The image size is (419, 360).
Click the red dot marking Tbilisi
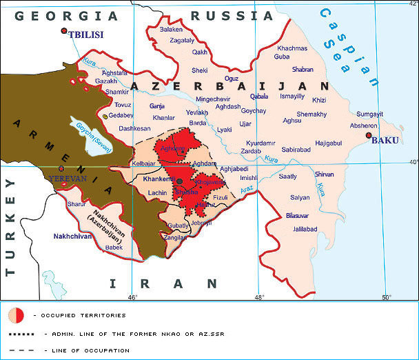pos(64,31)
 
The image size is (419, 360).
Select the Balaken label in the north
pos(171,30)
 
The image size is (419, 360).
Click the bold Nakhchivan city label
pos(72,237)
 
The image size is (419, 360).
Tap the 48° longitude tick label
pos(258,297)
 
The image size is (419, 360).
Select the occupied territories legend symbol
pos(16,315)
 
